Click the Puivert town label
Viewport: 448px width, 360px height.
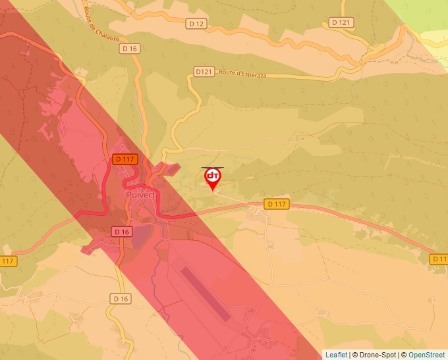[x=139, y=195]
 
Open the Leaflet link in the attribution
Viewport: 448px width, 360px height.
[x=336, y=355]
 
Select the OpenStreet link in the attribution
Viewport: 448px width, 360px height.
[x=428, y=355]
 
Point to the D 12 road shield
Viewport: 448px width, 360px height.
[x=196, y=24]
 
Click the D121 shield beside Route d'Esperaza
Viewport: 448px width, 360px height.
[x=204, y=71]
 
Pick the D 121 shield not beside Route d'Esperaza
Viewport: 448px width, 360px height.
[x=342, y=22]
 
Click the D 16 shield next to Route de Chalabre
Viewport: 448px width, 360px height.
[x=130, y=48]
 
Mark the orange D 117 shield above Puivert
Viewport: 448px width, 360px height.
[x=125, y=159]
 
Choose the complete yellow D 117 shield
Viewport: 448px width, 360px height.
[x=277, y=204]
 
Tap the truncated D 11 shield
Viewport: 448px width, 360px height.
[x=439, y=259]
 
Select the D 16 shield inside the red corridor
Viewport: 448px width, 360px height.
[x=122, y=232]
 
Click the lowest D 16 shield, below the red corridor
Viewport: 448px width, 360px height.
[x=120, y=299]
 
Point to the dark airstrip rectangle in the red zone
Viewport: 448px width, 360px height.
[x=205, y=294]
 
